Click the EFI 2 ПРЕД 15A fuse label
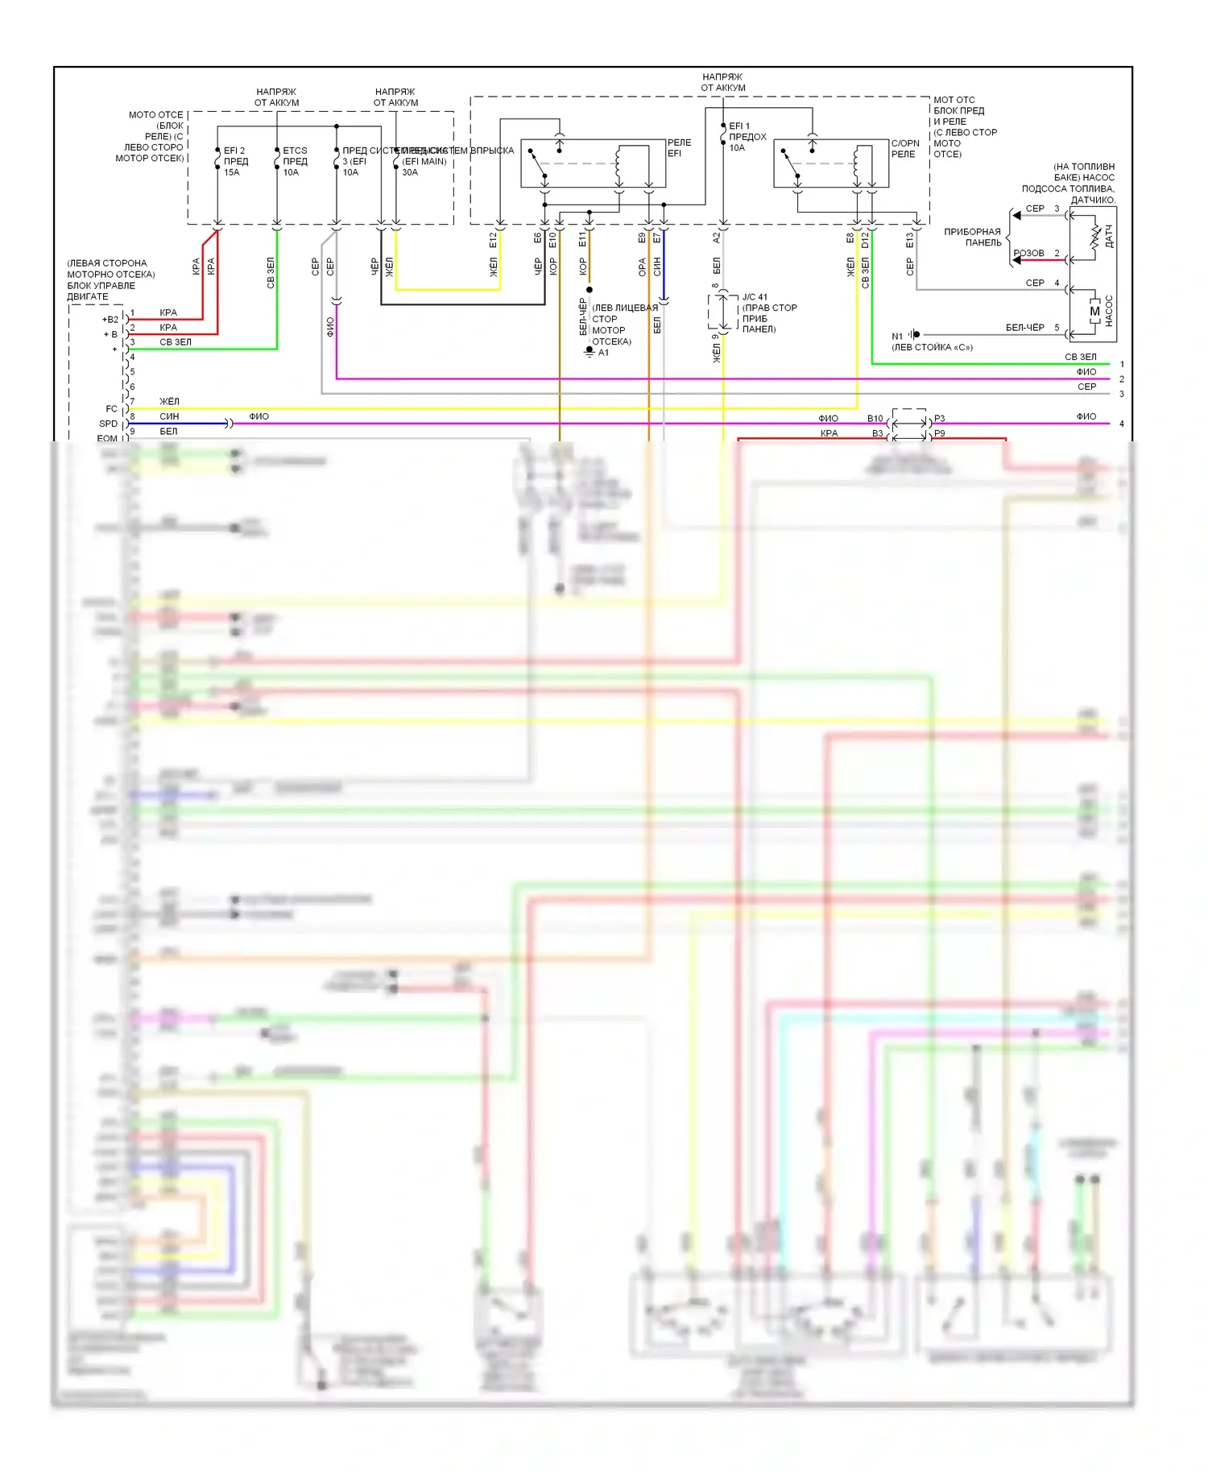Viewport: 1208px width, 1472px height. (235, 161)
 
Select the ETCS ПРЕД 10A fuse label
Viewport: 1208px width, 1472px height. (295, 161)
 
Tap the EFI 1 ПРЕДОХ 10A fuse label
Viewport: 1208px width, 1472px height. (747, 137)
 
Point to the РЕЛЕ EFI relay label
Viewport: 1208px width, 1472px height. (679, 148)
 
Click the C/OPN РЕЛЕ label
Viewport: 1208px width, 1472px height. (905, 148)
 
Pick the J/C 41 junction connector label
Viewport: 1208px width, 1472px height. (755, 297)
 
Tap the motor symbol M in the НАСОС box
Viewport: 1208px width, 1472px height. (1094, 312)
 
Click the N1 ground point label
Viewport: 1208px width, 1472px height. (897, 337)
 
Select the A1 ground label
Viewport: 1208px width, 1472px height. (603, 353)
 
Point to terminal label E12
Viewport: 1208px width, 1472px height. (493, 239)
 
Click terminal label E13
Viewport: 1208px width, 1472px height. (909, 239)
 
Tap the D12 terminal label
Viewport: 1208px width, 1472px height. (865, 239)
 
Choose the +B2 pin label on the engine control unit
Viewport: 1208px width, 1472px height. (110, 320)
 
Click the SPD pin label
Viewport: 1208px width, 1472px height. (108, 424)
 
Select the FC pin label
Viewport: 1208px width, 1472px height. (111, 409)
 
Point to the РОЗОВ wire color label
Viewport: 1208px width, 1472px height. (1029, 253)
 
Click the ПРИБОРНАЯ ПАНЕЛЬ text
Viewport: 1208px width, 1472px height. (973, 237)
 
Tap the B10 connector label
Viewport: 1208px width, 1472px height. (875, 419)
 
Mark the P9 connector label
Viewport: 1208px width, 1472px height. (940, 433)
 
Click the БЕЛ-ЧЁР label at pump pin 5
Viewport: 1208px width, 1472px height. (1024, 328)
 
